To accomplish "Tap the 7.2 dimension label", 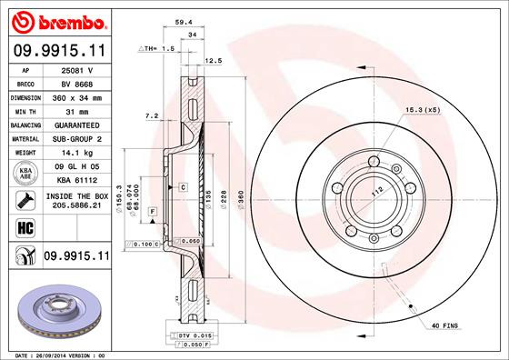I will tap(153, 115).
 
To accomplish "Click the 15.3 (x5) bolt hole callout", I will tap(420, 110).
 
